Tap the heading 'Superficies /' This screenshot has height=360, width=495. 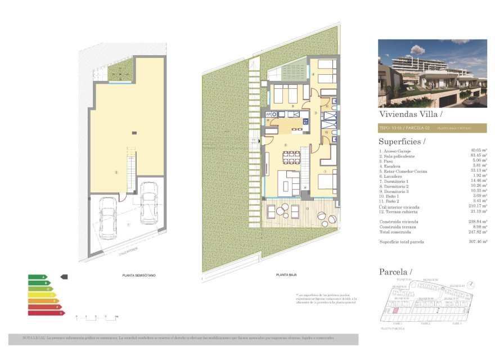[x=402, y=141]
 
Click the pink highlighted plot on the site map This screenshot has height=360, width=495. [x=395, y=310]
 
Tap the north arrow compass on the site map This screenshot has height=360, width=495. [x=470, y=285]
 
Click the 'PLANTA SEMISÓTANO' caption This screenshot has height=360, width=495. [x=139, y=275]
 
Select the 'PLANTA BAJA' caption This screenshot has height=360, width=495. [x=286, y=275]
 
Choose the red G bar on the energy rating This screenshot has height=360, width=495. [x=47, y=313]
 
